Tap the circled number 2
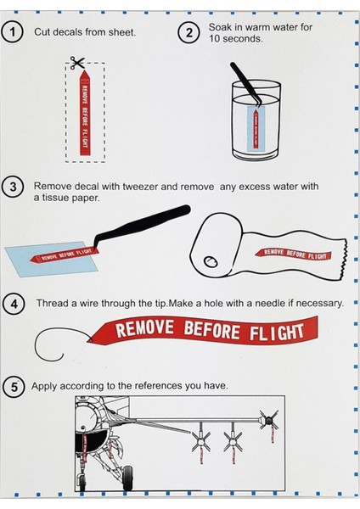click(x=188, y=33)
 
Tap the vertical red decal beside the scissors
click(x=85, y=115)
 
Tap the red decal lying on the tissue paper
click(x=295, y=253)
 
